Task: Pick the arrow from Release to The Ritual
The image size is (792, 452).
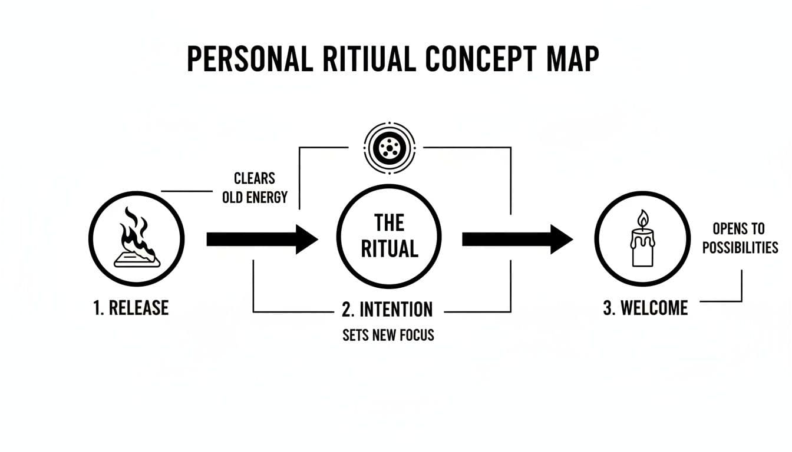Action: (x=262, y=239)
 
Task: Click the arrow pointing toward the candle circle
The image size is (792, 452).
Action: (x=517, y=239)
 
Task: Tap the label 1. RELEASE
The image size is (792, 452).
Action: (x=131, y=308)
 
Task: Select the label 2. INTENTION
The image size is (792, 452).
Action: (x=387, y=309)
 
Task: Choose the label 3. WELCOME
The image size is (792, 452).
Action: (x=645, y=308)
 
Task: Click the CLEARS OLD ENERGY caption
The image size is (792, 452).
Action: (x=255, y=187)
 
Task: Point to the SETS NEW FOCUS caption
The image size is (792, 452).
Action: (x=388, y=335)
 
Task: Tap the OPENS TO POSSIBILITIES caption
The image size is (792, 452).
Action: (x=740, y=237)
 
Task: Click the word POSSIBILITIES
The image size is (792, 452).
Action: (x=740, y=247)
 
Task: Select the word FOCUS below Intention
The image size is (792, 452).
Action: (x=415, y=335)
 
